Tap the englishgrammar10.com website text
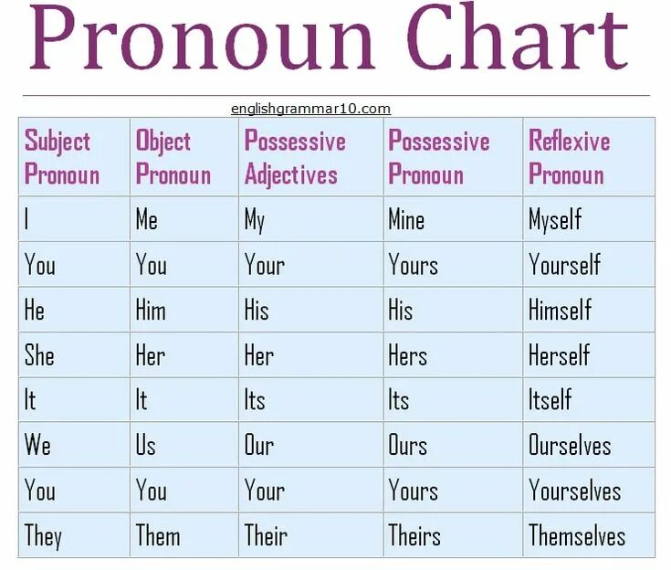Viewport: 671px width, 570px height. click(310, 109)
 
